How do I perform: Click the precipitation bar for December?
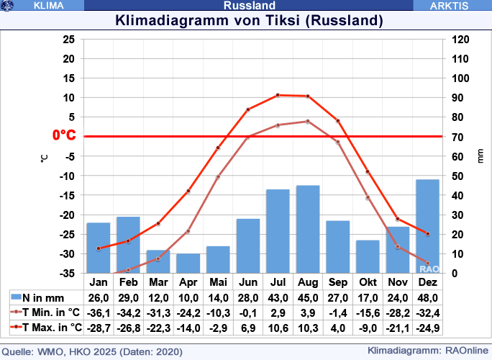pyautogui.click(x=427, y=226)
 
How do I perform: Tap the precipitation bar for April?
pyautogui.click(x=188, y=263)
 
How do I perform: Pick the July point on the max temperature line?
pyautogui.click(x=278, y=95)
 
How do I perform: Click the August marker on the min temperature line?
pyautogui.click(x=308, y=121)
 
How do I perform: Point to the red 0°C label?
pyautogui.click(x=63, y=135)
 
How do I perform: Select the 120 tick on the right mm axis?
pyautogui.click(x=460, y=39)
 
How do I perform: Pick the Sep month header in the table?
pyautogui.click(x=337, y=282)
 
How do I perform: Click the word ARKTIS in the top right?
pyautogui.click(x=450, y=5)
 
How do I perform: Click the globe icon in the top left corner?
pyautogui.click(x=8, y=5)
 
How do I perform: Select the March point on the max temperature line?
pyautogui.click(x=158, y=224)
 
